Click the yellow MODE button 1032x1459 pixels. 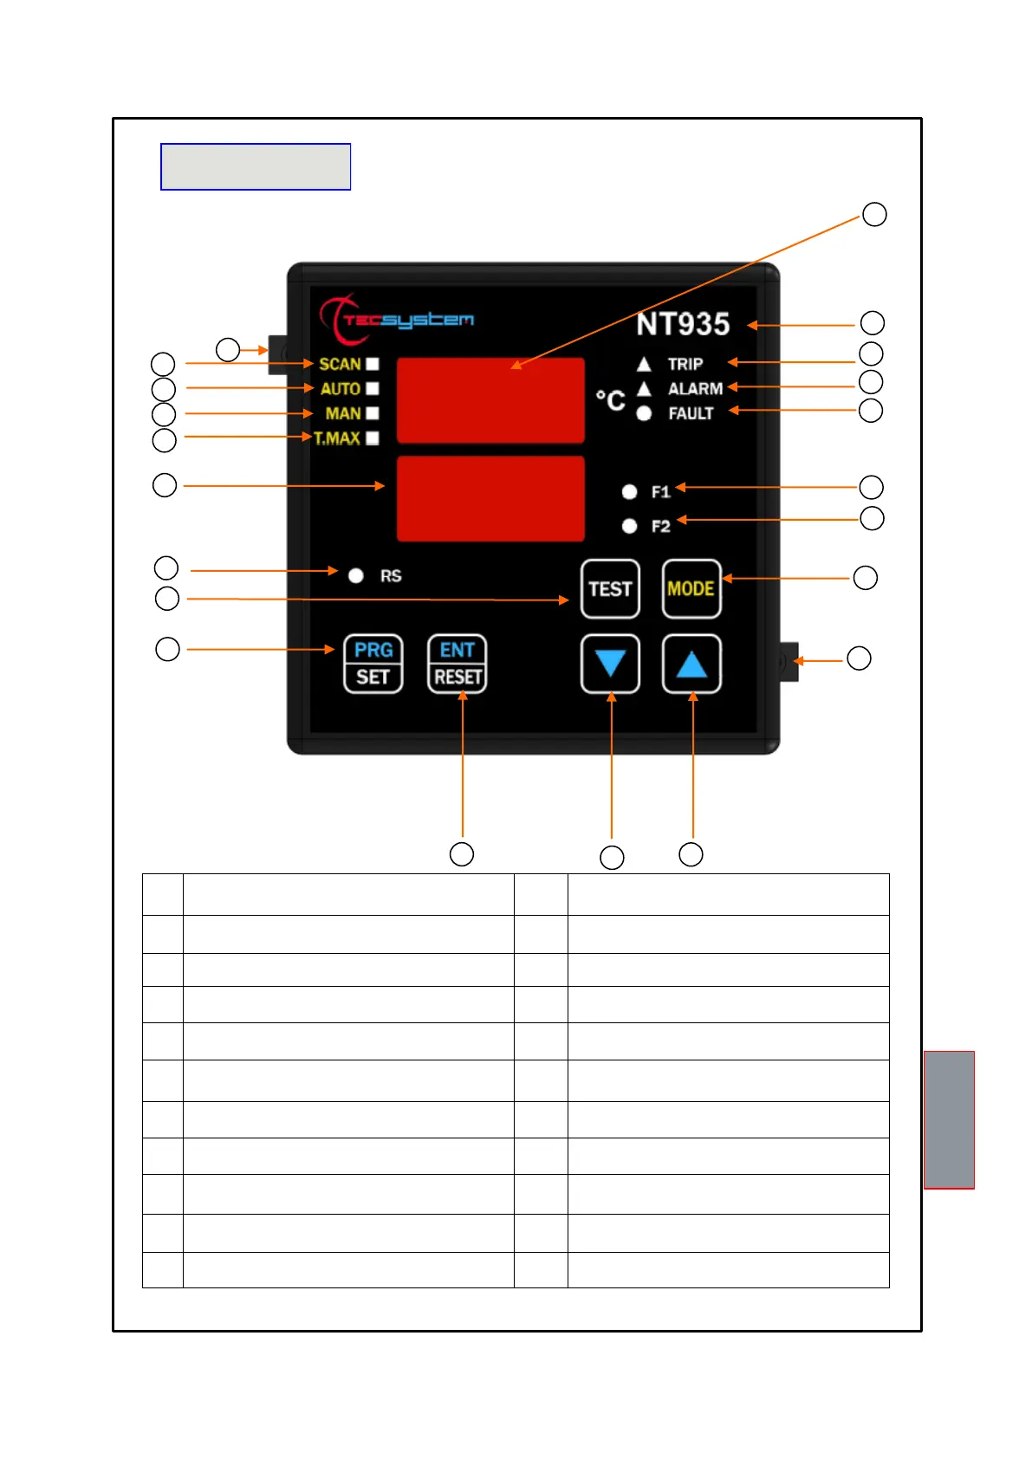click(x=691, y=589)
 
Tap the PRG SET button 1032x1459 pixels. click(x=373, y=664)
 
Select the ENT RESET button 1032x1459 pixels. click(x=457, y=664)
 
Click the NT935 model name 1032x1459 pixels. click(x=683, y=324)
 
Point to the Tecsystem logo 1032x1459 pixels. click(x=397, y=319)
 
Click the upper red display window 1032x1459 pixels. click(x=490, y=399)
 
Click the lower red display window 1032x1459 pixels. click(x=490, y=498)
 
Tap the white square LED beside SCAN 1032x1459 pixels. click(x=373, y=364)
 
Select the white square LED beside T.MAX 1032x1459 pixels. click(x=373, y=438)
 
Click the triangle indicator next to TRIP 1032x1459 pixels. click(x=644, y=364)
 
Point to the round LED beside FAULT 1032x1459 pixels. click(x=644, y=413)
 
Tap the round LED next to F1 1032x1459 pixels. click(x=630, y=492)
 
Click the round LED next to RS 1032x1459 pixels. click(x=355, y=576)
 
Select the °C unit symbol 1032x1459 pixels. click(x=610, y=400)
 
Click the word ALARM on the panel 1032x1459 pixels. click(x=695, y=389)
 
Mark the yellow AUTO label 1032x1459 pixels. click(x=341, y=389)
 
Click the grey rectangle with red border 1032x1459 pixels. click(x=949, y=1119)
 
